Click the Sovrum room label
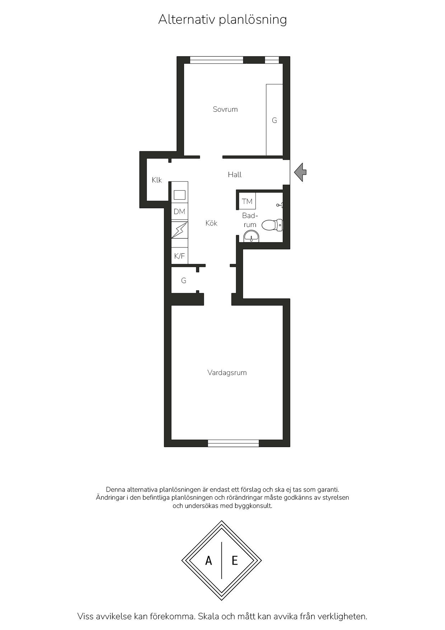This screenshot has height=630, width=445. [x=225, y=109]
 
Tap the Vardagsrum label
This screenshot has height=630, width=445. [x=227, y=372]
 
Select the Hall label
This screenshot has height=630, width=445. [x=235, y=175]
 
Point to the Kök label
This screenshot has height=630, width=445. [x=211, y=223]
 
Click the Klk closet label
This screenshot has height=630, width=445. [x=157, y=180]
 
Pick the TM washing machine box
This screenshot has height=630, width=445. [x=247, y=201]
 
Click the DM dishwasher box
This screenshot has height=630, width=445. [x=179, y=212]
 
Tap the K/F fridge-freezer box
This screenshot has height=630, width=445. [x=179, y=256]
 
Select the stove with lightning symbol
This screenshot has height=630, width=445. [x=179, y=230]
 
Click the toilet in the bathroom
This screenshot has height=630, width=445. [x=272, y=225]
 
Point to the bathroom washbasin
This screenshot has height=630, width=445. [x=251, y=237]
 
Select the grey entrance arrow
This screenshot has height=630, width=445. [x=300, y=172]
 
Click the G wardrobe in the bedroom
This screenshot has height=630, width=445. [x=275, y=120]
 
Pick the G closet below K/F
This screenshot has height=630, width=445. [x=184, y=280]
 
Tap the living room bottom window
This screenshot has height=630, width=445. [x=233, y=443]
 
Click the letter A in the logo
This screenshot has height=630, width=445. [x=209, y=560]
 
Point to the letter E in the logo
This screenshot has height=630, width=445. [x=235, y=560]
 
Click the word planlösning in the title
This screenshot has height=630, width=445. [x=253, y=19]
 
